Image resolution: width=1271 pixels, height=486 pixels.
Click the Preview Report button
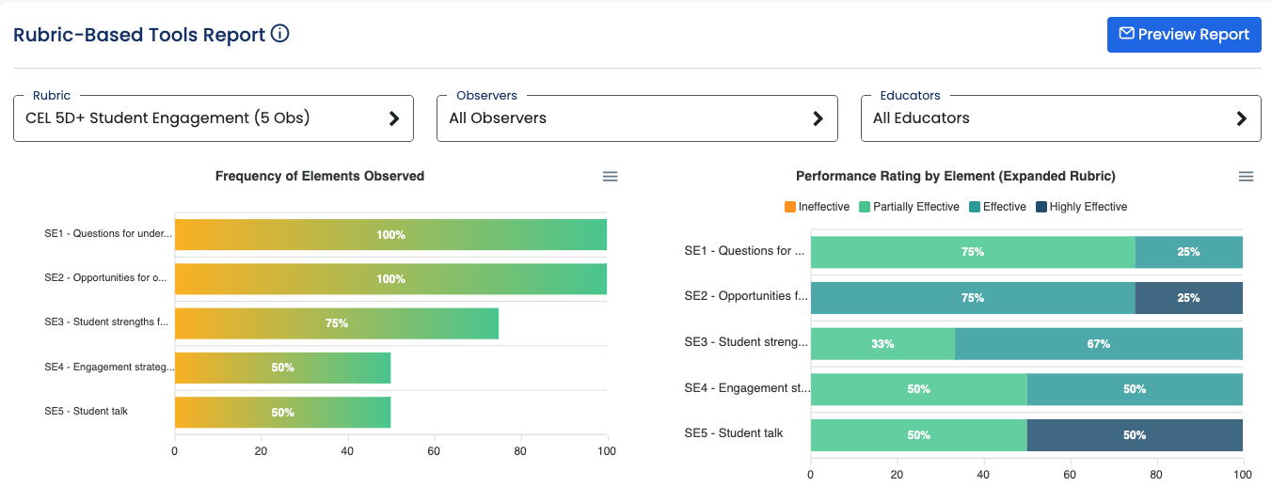click(1184, 35)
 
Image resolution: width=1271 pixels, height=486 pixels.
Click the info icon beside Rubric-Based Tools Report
click(279, 34)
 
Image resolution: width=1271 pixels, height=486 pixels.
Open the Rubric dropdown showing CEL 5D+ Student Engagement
click(214, 118)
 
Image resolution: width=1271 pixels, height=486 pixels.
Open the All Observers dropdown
click(637, 118)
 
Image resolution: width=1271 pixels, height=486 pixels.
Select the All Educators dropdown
click(1060, 118)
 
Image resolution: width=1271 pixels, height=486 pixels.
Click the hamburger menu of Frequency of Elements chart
click(610, 177)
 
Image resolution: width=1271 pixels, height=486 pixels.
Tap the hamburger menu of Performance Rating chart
click(1246, 177)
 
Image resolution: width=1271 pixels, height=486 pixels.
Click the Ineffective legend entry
click(817, 207)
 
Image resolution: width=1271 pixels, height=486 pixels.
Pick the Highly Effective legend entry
click(1081, 207)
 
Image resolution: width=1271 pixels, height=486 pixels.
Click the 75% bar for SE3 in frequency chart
click(337, 323)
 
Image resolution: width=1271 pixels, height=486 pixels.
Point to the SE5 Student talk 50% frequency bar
click(282, 413)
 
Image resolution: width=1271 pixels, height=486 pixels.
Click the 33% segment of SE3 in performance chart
click(882, 344)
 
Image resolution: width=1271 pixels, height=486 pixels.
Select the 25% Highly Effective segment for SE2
click(1188, 298)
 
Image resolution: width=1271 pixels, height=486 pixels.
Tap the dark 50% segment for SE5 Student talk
click(1135, 435)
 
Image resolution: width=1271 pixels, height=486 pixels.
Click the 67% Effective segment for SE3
click(1098, 344)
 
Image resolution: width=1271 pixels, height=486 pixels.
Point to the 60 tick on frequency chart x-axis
click(434, 451)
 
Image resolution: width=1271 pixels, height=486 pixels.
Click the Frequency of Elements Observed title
click(320, 176)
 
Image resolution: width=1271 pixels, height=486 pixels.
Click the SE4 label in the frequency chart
click(108, 368)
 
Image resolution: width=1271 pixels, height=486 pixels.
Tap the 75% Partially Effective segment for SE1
click(972, 252)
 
